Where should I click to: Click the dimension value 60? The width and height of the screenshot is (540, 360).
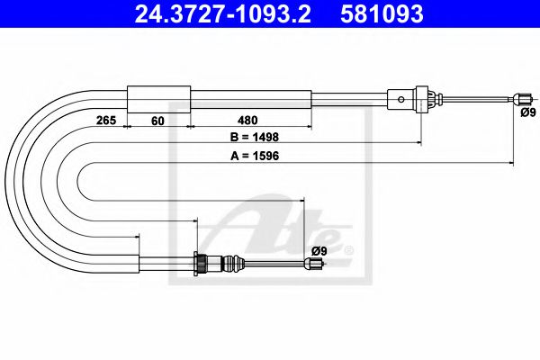click(x=159, y=119)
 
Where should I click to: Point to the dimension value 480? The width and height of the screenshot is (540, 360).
click(x=250, y=119)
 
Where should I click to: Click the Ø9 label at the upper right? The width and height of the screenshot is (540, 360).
click(x=526, y=112)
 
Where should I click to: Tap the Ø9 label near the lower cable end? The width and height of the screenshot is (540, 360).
click(x=318, y=250)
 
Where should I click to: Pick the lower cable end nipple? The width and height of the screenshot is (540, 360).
click(x=312, y=264)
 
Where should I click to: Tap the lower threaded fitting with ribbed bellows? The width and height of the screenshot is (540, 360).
click(x=216, y=264)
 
